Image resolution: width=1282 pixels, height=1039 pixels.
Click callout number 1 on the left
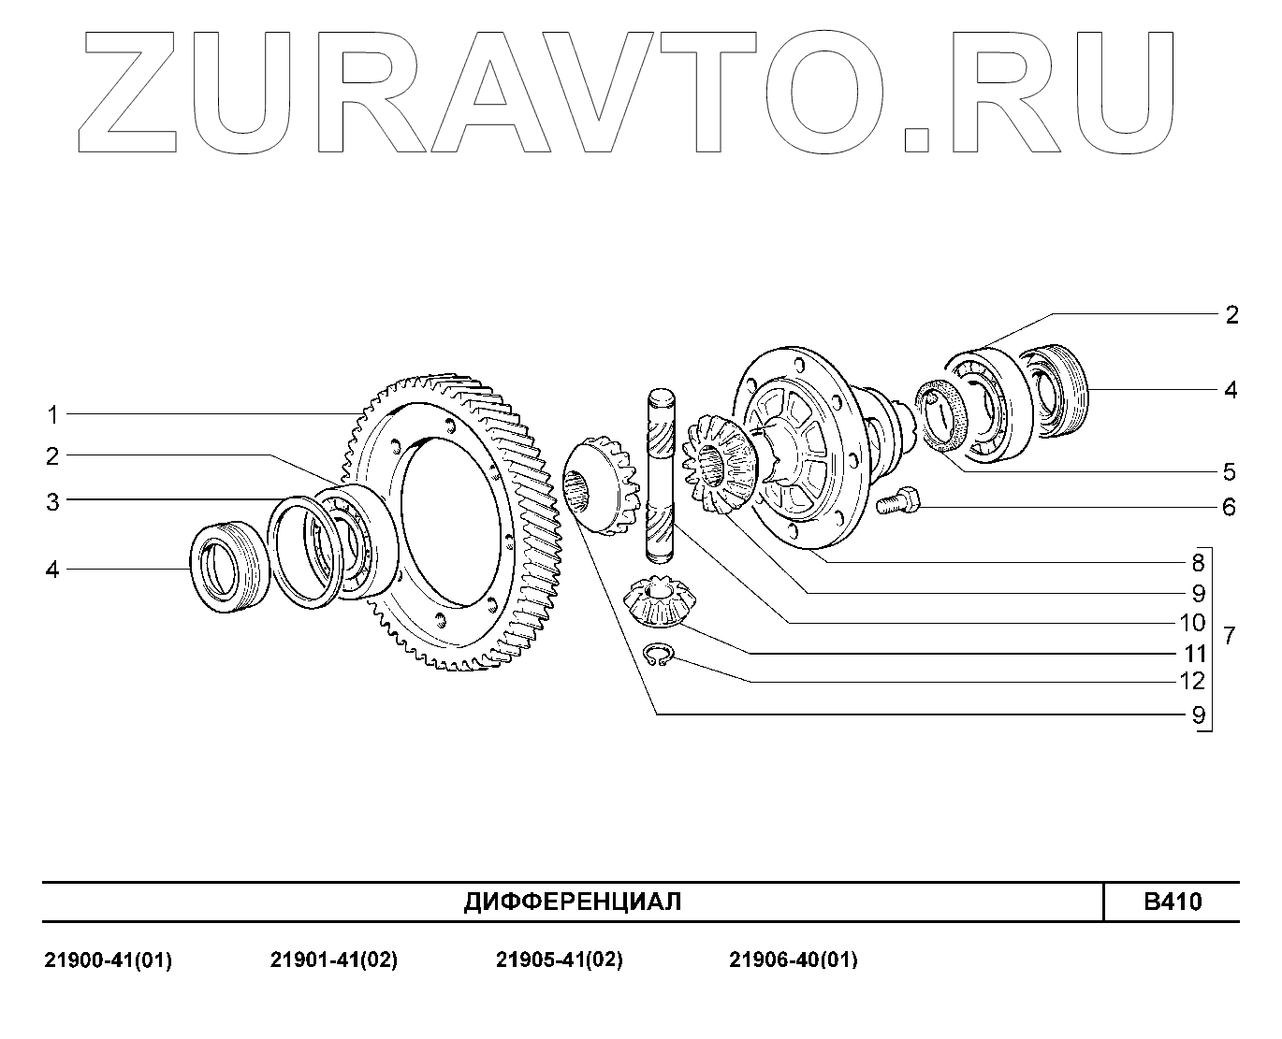click(53, 414)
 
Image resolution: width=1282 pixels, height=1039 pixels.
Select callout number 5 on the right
click(1229, 471)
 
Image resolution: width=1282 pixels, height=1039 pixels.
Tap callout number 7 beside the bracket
click(1230, 637)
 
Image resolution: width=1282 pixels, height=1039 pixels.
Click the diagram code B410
click(1173, 902)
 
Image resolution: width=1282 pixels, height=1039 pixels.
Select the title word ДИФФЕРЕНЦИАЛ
click(573, 902)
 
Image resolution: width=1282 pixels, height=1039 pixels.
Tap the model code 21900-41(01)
click(109, 960)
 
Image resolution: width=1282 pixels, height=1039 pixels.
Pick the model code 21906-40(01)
click(793, 960)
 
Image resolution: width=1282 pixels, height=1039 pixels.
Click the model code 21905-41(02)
click(559, 960)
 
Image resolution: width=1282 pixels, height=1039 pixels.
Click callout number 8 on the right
click(1198, 563)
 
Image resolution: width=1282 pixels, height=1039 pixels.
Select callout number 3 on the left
click(53, 502)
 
